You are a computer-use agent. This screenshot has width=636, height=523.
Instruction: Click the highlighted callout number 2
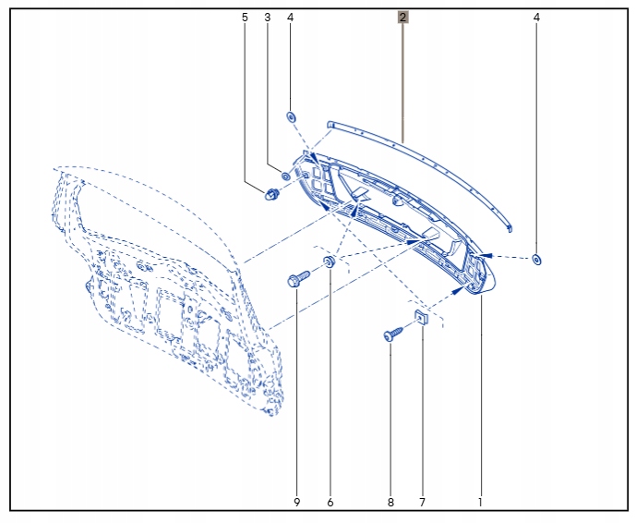click(402, 18)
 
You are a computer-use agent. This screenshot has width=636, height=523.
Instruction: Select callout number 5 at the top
click(245, 18)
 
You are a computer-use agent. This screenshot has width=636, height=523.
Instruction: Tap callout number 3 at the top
click(268, 18)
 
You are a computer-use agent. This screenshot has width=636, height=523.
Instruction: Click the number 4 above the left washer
click(290, 18)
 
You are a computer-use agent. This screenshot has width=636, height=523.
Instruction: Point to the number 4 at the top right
click(536, 18)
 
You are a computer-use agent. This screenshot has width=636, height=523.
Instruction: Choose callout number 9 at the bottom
click(297, 503)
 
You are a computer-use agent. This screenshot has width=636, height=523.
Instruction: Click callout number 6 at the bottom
click(330, 503)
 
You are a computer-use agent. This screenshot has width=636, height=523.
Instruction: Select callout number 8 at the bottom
click(390, 503)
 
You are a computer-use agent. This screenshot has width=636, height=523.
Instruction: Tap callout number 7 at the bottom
click(422, 503)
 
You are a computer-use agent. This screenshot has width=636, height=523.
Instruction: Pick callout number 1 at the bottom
click(481, 503)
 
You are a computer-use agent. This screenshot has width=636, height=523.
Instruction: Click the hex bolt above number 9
click(298, 279)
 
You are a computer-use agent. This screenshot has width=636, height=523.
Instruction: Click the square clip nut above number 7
click(422, 317)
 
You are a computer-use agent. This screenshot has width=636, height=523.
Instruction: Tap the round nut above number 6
click(329, 261)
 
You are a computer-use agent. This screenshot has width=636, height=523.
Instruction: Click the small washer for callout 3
click(285, 176)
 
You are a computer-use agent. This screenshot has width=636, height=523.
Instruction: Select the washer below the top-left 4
click(291, 117)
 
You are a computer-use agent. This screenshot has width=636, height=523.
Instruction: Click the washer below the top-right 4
click(536, 260)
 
